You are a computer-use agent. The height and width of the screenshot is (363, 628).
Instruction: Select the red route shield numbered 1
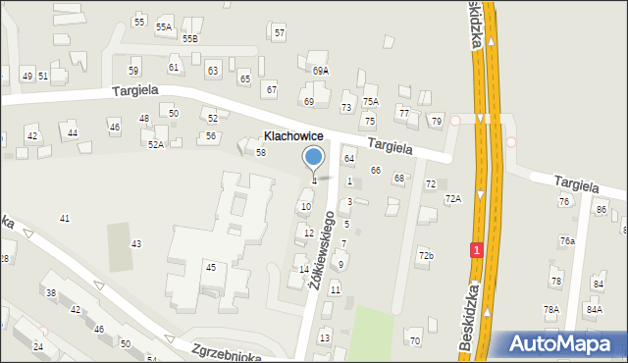point(476,250)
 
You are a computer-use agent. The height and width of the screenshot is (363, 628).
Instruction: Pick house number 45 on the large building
point(210,267)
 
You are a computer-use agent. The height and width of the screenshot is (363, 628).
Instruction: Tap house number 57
point(280,33)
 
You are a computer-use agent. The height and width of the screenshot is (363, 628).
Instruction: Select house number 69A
point(321,71)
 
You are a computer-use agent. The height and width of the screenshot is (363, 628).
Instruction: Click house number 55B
point(189,38)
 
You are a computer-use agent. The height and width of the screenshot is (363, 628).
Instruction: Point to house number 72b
point(426,255)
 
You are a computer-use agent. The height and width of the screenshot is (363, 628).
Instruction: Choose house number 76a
point(567,240)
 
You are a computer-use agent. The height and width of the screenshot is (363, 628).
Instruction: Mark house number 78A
point(551,309)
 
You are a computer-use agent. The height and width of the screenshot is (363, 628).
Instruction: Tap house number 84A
point(594,309)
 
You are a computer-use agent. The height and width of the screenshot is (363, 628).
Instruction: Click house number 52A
point(155,144)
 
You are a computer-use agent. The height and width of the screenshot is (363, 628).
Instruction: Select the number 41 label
point(65,218)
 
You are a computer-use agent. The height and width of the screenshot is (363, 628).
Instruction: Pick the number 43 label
point(136,243)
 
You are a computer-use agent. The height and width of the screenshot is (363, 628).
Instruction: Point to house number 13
point(325,337)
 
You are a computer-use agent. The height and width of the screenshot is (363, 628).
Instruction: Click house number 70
point(414,340)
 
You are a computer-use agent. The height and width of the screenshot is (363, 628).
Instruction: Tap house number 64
point(348,158)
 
